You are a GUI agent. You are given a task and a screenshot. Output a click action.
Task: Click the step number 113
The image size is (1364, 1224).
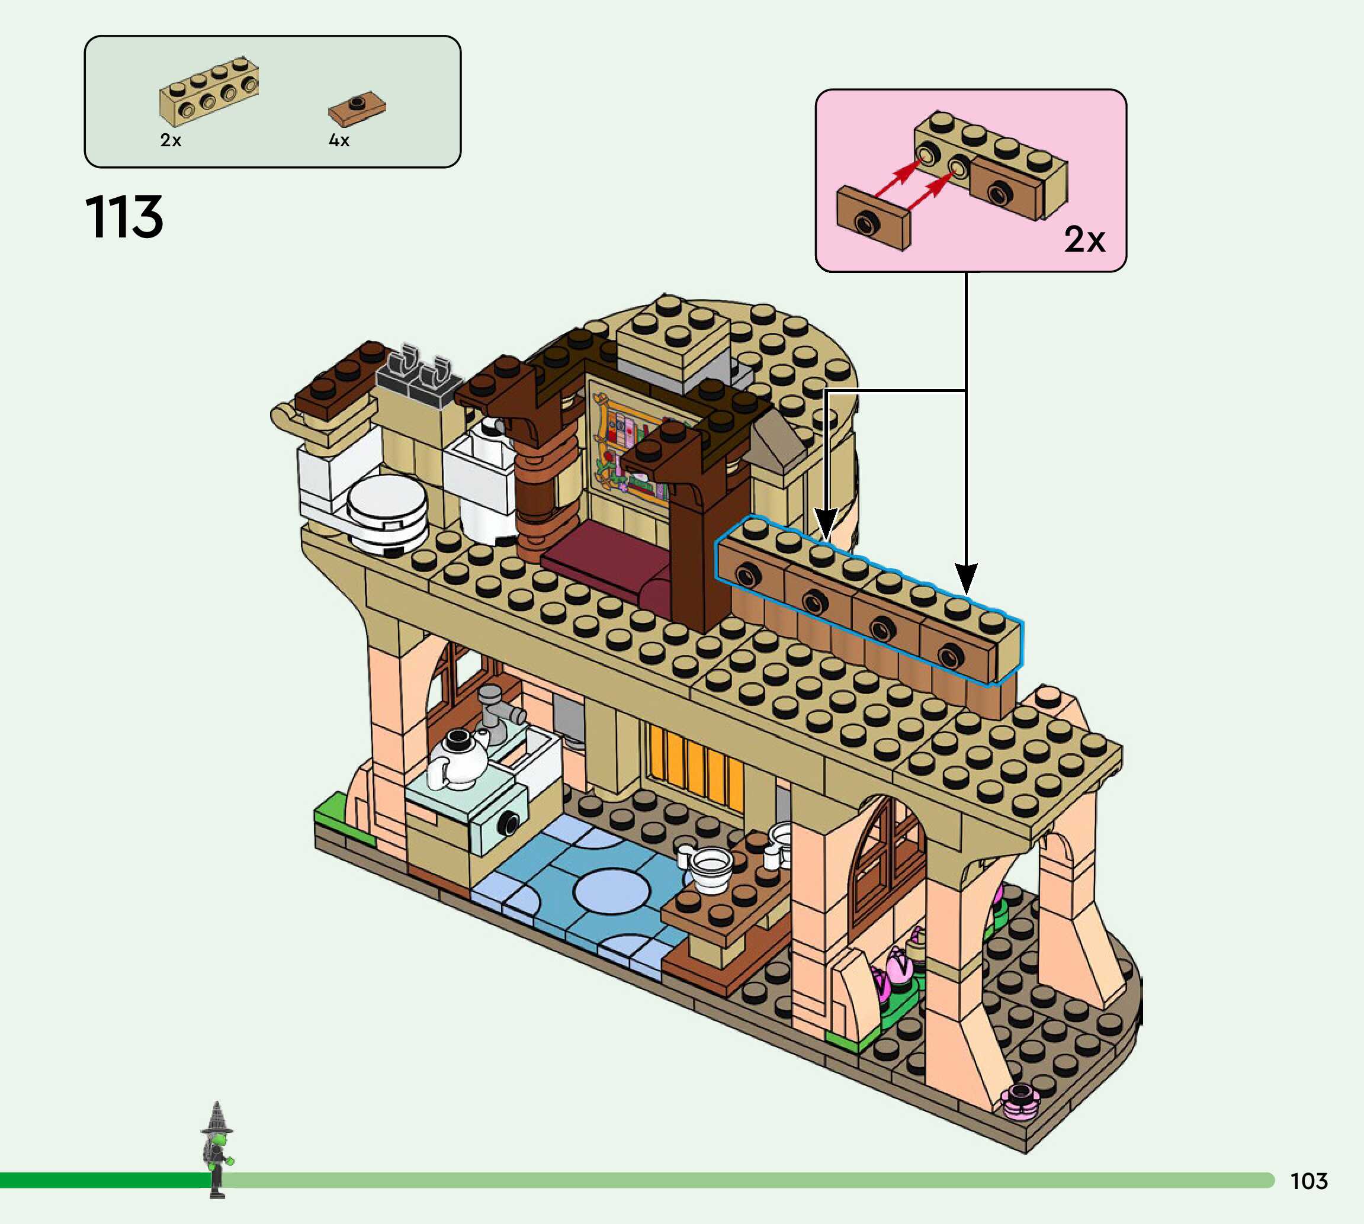pyautogui.click(x=124, y=217)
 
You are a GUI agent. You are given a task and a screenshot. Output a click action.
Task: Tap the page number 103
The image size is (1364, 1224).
pyautogui.click(x=1308, y=1180)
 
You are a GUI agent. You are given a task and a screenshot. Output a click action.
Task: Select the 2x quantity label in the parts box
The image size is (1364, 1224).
pyautogui.click(x=171, y=140)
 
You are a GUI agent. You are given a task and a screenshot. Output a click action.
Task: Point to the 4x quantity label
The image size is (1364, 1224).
pyautogui.click(x=339, y=140)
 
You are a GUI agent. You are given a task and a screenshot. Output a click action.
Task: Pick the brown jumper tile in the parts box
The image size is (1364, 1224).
pyautogui.click(x=357, y=108)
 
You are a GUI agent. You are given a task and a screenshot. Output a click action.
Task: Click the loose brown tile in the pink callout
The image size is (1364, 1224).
pyautogui.click(x=873, y=219)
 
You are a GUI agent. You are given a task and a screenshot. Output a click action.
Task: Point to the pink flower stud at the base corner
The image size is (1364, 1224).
pyautogui.click(x=1020, y=1101)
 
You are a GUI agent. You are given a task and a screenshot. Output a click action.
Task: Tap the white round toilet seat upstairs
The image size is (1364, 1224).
pyautogui.click(x=387, y=511)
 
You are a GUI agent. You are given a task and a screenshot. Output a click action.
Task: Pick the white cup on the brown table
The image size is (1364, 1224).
pyautogui.click(x=710, y=868)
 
